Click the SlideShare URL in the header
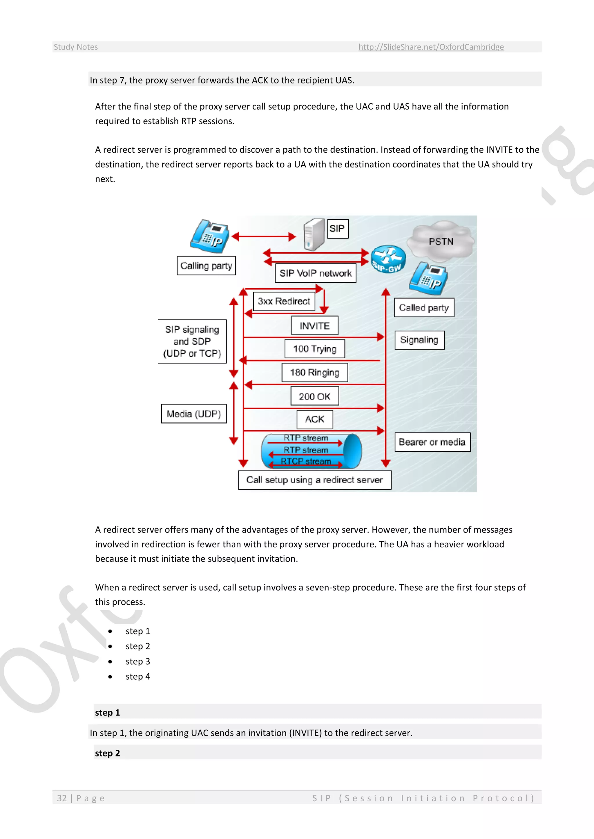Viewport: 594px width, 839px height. coord(431,47)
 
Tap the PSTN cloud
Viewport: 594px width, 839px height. coord(441,241)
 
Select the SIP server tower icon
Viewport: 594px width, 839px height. coord(314,234)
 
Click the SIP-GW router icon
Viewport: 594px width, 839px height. coord(388,258)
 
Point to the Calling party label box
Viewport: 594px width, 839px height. coord(206,266)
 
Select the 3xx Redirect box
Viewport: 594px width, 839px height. coord(284,301)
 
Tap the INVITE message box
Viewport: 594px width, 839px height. coord(315,326)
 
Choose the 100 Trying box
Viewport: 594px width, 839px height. coord(315,349)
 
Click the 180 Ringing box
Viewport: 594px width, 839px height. coord(315,372)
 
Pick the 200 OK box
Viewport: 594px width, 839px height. coord(315,397)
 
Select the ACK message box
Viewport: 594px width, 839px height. coord(315,419)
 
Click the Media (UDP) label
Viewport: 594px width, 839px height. coord(194,414)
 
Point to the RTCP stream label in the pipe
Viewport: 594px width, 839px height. coord(306,461)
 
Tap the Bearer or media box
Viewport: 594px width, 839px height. coord(432,442)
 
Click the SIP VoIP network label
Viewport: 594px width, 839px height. coord(315,273)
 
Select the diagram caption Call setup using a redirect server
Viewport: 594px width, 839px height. coord(315,480)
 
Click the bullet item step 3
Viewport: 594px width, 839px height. coord(137,661)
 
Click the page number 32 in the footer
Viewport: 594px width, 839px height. coord(62,798)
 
